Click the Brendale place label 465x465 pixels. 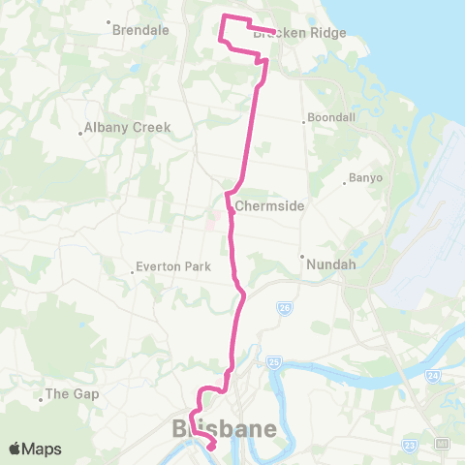pos(141,30)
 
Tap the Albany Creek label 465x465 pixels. pos(127,127)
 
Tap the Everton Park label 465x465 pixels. pos(172,265)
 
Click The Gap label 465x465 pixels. pos(73,394)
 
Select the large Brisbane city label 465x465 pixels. pos(224,428)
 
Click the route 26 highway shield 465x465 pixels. pos(284,308)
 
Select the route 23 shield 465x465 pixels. pos(412,445)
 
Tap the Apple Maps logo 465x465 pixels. pos(35,449)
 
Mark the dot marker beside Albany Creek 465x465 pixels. pos(80,134)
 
